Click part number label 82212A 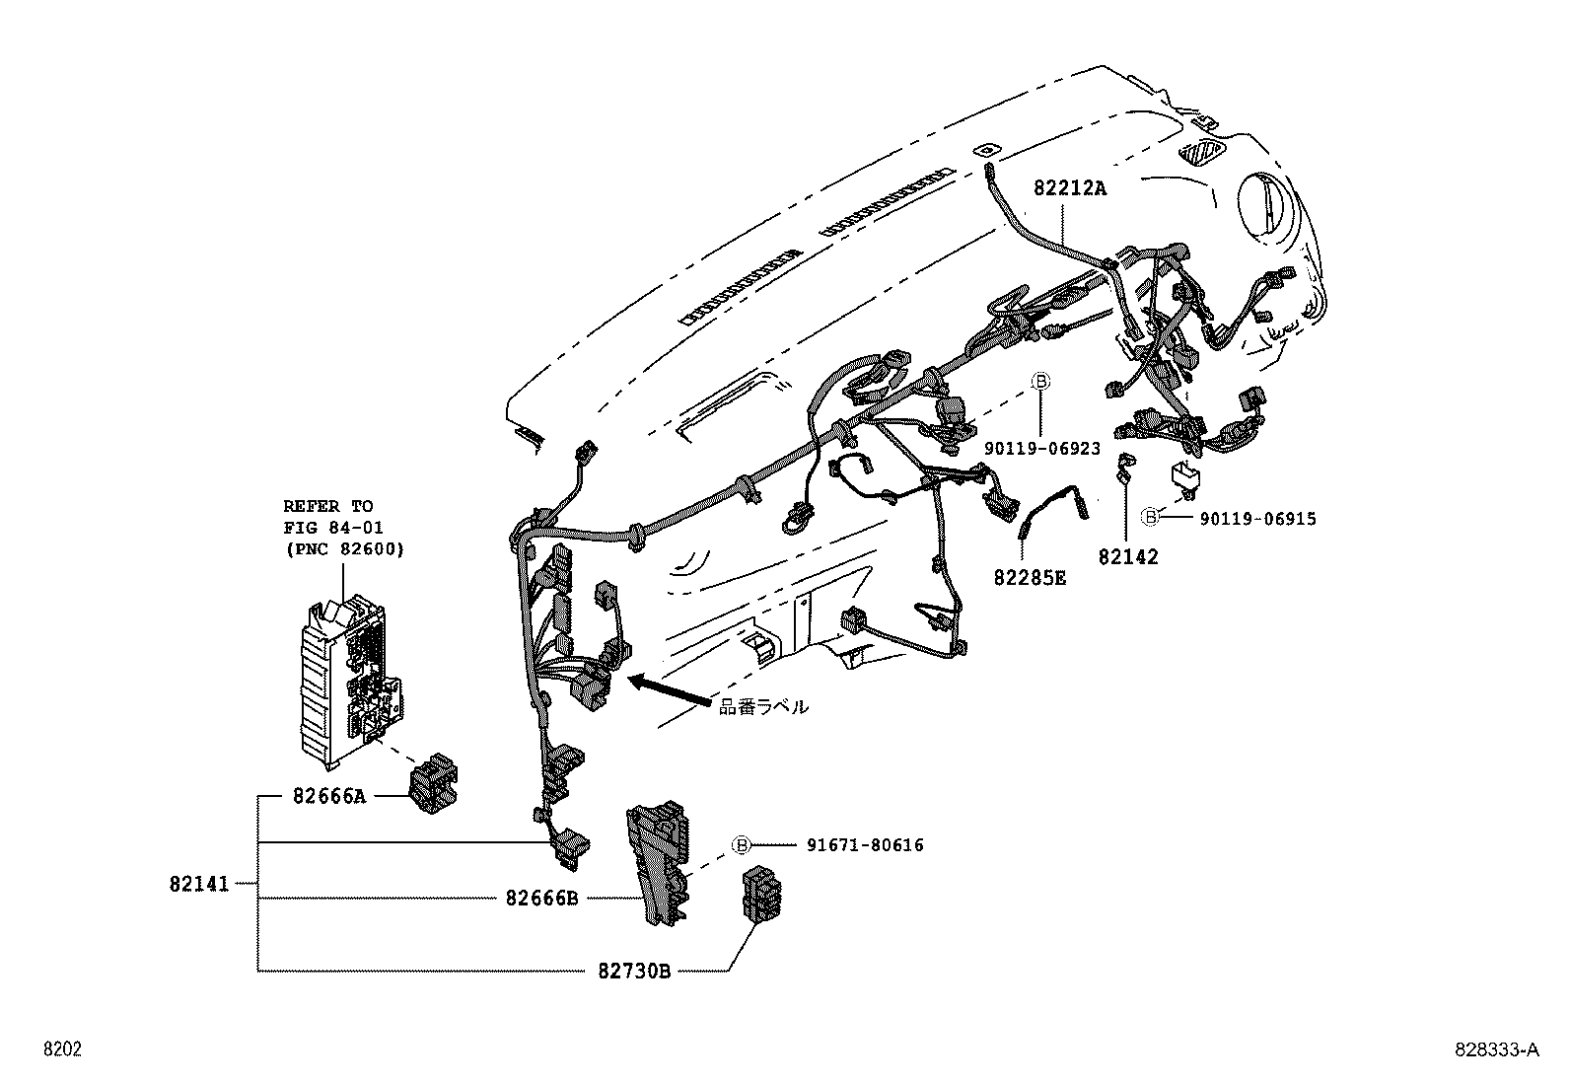pos(1070,187)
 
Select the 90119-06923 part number pos(1041,449)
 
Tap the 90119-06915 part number pos(1257,519)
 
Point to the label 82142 pos(1127,556)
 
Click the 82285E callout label pos(1030,578)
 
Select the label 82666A pos(328,795)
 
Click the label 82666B pos(541,898)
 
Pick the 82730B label pos(634,971)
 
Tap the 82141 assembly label pos(197,885)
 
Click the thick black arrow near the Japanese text pos(670,690)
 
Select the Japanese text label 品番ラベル pos(763,706)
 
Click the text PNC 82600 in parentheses pos(343,549)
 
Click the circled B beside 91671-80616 pos(742,845)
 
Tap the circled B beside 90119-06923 pos(1041,382)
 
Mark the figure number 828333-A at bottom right pos(1495,1050)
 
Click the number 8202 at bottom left pos(61,1050)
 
